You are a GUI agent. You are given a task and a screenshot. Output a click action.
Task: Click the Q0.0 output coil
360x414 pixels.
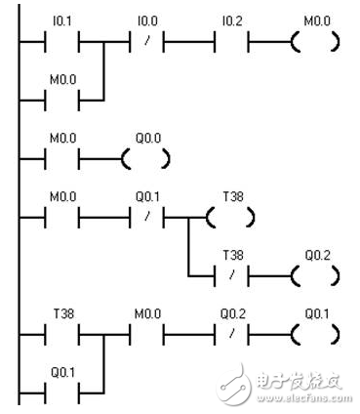(x=146, y=156)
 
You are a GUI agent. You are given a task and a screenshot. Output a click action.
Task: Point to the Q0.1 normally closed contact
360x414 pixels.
(x=146, y=216)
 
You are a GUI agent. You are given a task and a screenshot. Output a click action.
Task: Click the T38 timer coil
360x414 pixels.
(x=231, y=216)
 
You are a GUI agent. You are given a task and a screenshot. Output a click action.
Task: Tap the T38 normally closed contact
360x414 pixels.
(x=231, y=275)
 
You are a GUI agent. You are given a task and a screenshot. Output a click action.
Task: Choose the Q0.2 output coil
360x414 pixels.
(x=315, y=275)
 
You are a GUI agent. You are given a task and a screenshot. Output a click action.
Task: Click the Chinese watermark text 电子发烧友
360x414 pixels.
(x=293, y=377)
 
